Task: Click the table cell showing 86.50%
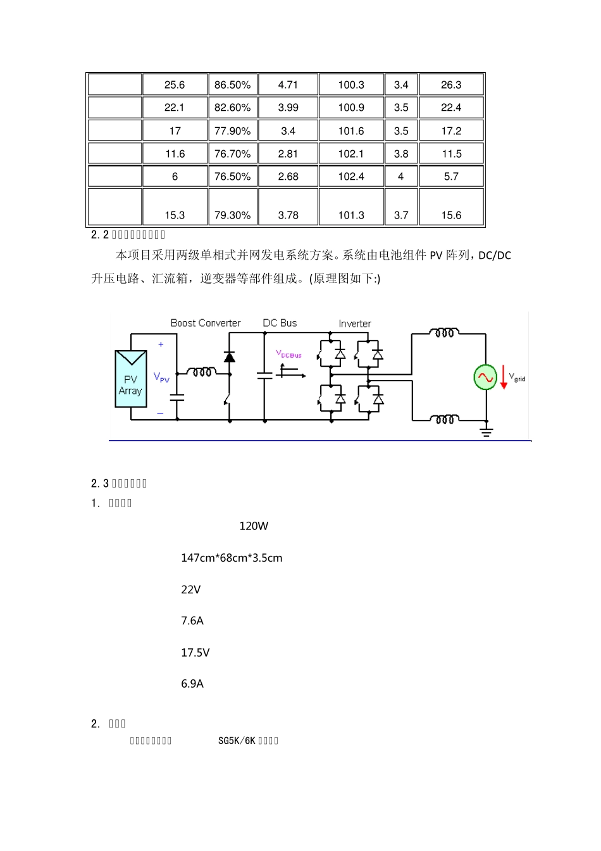232,85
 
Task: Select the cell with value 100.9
350,108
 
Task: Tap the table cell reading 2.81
288,154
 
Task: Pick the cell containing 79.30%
232,215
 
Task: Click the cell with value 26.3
451,85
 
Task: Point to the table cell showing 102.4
350,177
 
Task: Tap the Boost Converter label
206,323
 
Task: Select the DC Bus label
280,323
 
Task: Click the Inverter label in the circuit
354,324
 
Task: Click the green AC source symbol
485,377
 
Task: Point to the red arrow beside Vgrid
504,377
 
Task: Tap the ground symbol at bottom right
486,432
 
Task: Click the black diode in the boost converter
229,357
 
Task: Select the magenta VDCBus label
288,354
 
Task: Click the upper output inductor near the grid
445,332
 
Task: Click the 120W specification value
254,526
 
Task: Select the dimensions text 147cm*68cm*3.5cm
232,558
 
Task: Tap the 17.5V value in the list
195,653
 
